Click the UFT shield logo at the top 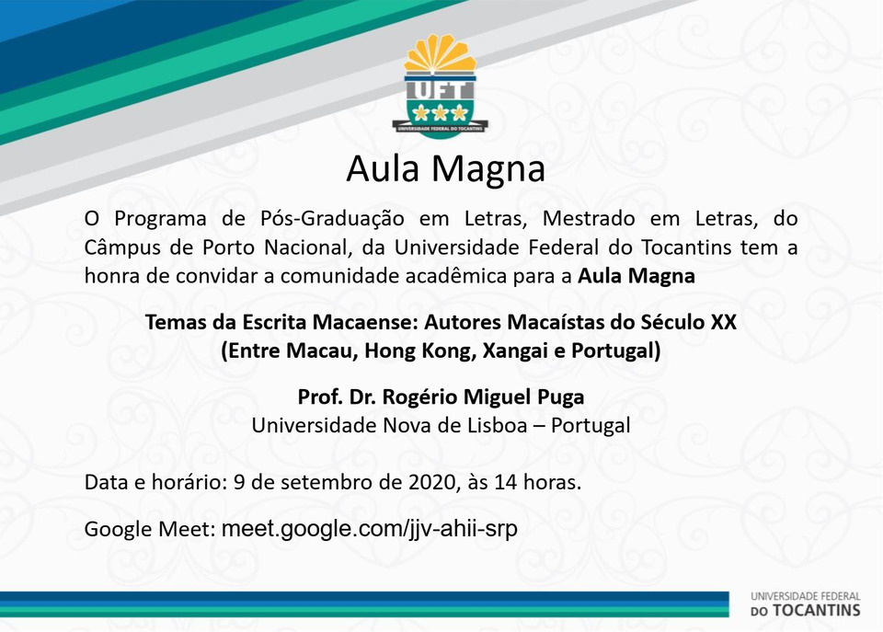click(x=441, y=86)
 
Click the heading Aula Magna click(x=445, y=169)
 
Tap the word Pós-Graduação click(x=332, y=219)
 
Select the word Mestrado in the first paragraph click(x=589, y=218)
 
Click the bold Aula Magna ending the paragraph click(x=636, y=277)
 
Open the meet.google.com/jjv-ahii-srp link click(x=370, y=530)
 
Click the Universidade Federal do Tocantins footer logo click(x=806, y=604)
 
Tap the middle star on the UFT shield click(x=440, y=113)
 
